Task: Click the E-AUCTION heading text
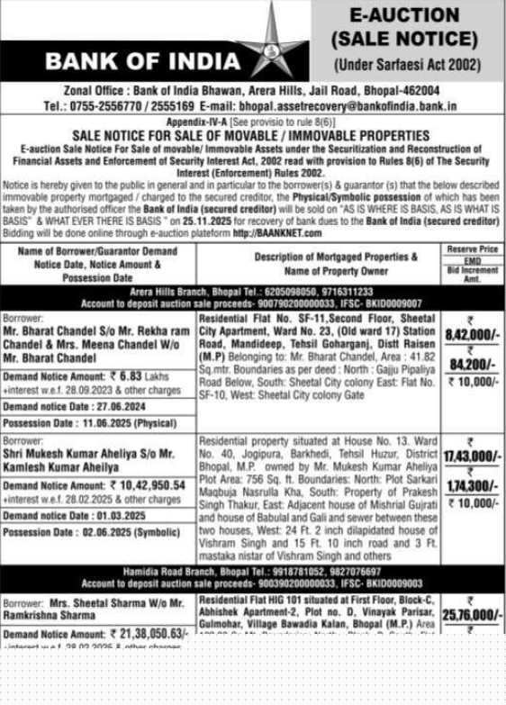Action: [404, 14]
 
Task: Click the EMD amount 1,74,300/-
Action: [471, 486]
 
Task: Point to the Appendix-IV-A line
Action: [252, 120]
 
